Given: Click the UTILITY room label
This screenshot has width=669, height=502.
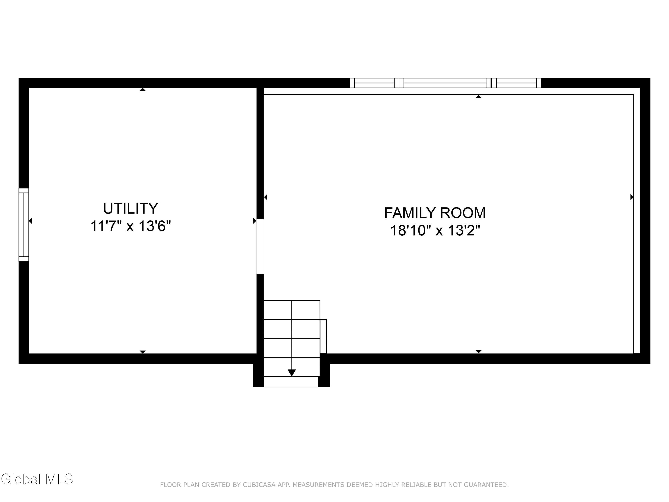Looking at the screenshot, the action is (131, 208).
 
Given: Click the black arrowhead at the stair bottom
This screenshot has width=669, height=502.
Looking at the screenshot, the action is (291, 373).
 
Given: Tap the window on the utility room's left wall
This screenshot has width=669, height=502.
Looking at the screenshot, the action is (24, 224).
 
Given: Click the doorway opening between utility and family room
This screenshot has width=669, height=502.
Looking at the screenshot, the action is (260, 247).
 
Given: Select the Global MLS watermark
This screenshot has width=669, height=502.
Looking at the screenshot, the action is (37, 479).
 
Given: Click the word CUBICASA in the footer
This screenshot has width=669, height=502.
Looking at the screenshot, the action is (259, 485).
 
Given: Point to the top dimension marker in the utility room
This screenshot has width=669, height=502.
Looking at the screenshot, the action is (143, 89).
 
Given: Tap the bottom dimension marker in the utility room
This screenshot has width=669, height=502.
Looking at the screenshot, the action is (143, 352).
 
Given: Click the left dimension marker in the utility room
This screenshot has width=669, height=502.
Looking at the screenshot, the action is (30, 221).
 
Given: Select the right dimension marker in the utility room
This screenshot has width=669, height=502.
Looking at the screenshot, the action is (255, 221).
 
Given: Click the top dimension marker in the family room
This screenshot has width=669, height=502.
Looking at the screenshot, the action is (479, 97).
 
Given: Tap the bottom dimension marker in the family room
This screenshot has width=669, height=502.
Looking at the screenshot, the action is (479, 351).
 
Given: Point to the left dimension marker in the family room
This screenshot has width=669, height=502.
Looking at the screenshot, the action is (266, 197).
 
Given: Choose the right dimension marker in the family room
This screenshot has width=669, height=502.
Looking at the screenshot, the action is (632, 197).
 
